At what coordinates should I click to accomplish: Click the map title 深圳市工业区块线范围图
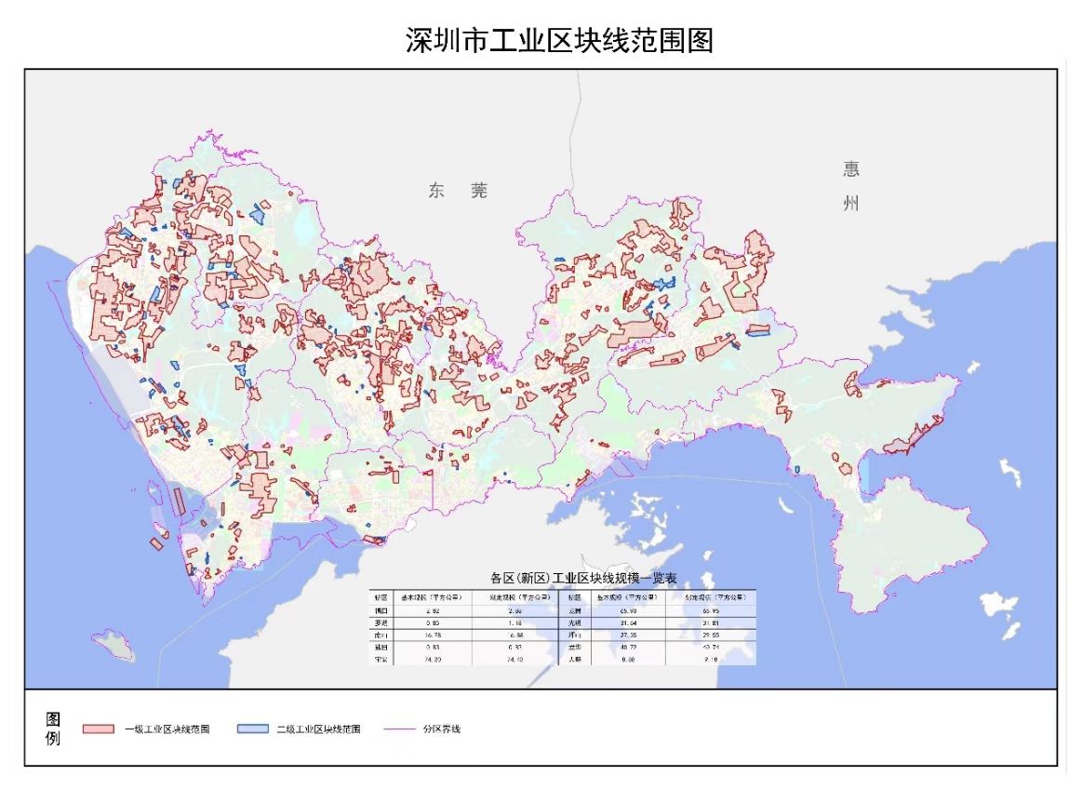[559, 41]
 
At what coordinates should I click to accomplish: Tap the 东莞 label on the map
[458, 191]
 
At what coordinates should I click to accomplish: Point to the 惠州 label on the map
[851, 185]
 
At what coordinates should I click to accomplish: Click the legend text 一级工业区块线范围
[167, 729]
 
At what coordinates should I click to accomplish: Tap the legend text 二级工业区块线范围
[319, 729]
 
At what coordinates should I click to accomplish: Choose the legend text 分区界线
[441, 729]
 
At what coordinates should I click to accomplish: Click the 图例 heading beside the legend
[53, 729]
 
